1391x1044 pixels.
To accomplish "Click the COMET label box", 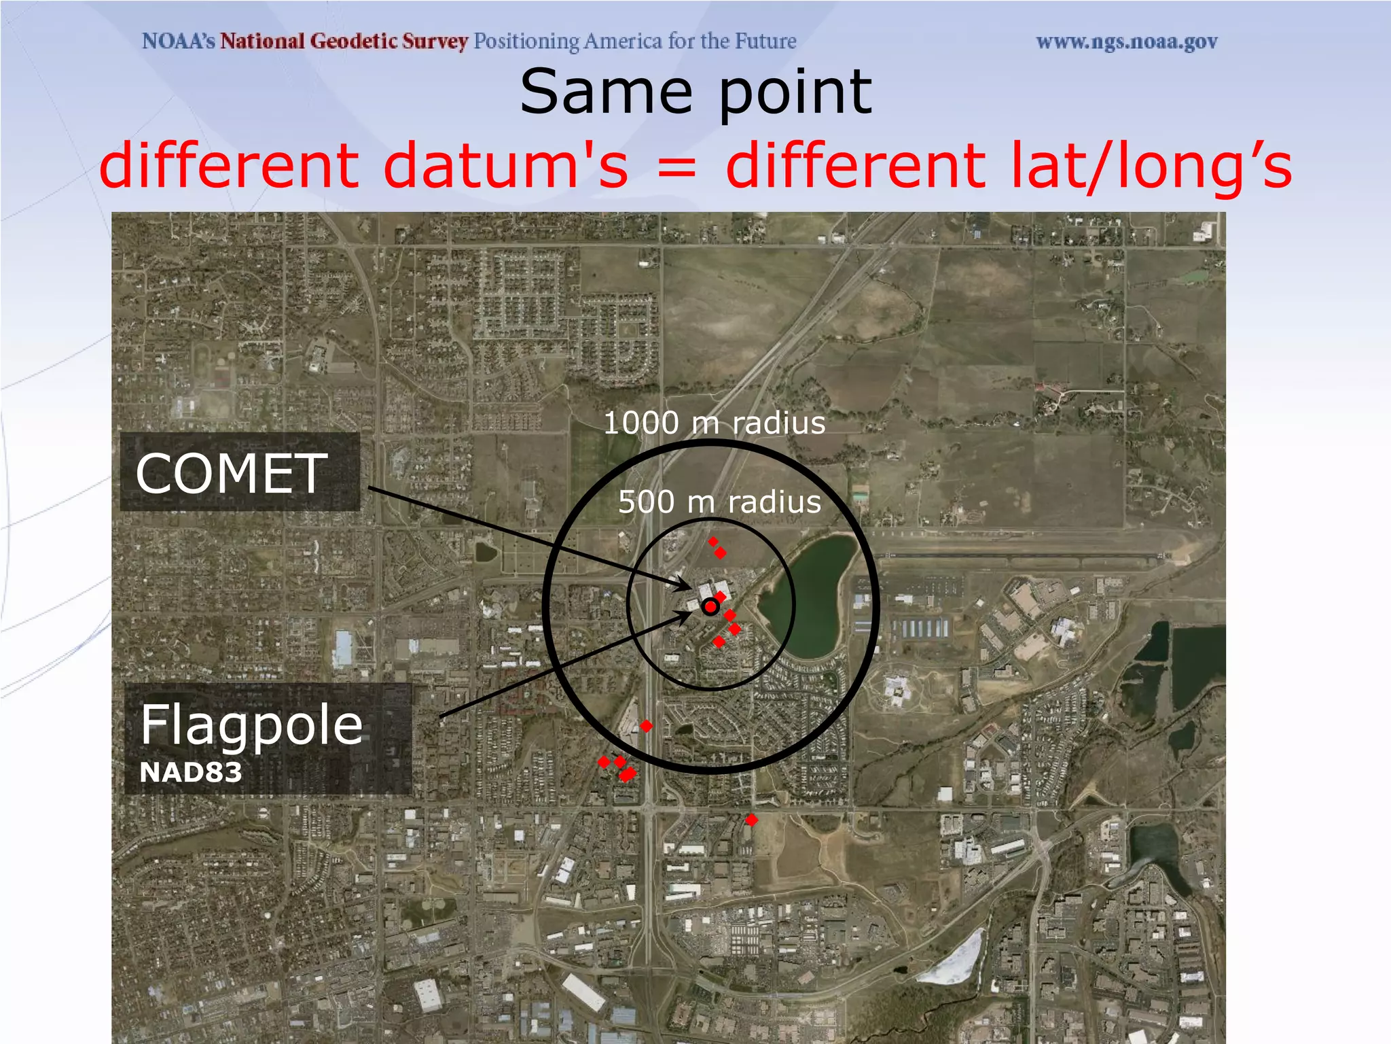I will coord(239,472).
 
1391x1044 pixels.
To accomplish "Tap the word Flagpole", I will coord(251,725).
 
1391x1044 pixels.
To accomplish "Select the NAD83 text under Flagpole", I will coord(190,773).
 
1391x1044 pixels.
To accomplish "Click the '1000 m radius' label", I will coord(715,423).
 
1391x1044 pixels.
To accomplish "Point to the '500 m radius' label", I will coord(719,502).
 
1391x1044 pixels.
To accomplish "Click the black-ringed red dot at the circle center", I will coord(710,607).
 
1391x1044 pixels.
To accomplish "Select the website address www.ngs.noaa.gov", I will coord(1127,42).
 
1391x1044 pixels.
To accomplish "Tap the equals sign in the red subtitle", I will coord(676,167).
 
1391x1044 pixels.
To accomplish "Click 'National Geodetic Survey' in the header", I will coord(344,41).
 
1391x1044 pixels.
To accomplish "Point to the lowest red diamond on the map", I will coord(751,820).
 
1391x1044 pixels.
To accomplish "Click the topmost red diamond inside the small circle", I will coord(713,542).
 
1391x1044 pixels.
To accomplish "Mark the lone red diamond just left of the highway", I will coord(646,726).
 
